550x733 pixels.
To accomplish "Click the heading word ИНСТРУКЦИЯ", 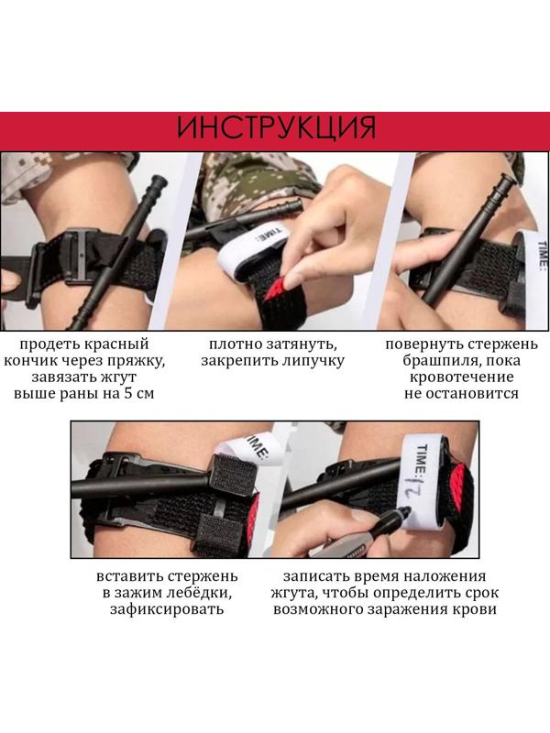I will pos(275,127).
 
